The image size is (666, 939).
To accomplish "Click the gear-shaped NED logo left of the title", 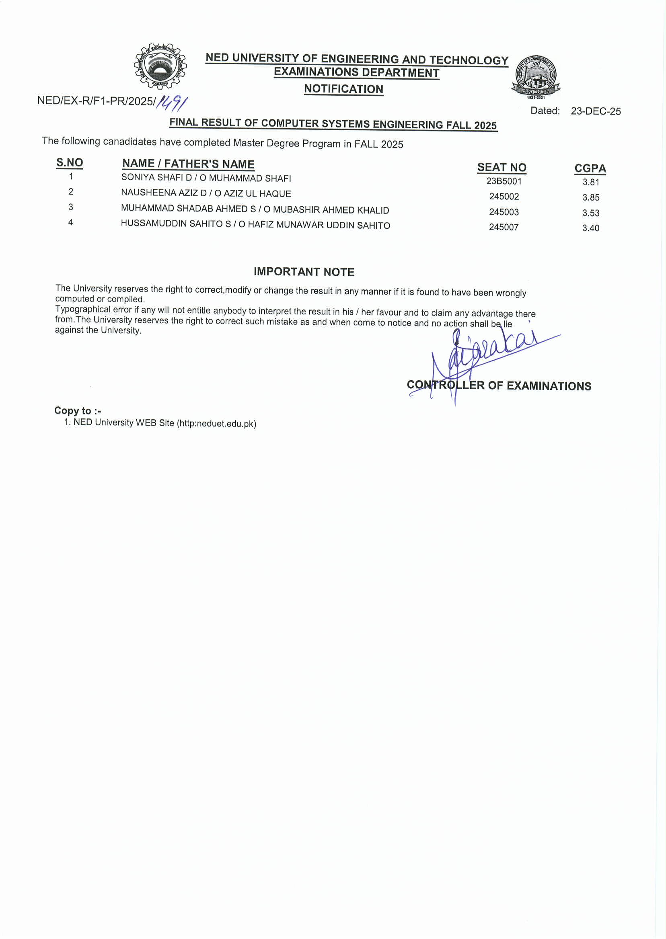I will coord(160,66).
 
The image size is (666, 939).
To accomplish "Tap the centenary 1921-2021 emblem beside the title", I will coord(536,76).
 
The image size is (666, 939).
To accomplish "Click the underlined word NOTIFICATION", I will coord(344,89).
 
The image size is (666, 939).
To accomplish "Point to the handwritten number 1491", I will coord(173,103).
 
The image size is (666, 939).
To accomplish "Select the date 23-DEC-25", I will coord(596,111).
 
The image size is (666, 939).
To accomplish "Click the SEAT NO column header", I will coord(502,167).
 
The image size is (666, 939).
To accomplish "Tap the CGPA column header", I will coord(590,168).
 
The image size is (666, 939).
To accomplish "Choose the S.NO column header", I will coord(70,162).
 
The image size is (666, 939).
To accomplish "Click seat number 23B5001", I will coord(504,181).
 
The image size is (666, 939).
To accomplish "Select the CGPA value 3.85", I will coord(591,197).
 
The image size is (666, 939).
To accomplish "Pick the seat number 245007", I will coord(504,227).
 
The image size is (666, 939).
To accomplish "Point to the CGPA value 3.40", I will coord(590,228).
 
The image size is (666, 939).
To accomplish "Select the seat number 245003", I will coord(504,212).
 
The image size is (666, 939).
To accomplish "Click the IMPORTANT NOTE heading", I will coord(304,272).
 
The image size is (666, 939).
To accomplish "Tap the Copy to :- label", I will coord(78,411).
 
